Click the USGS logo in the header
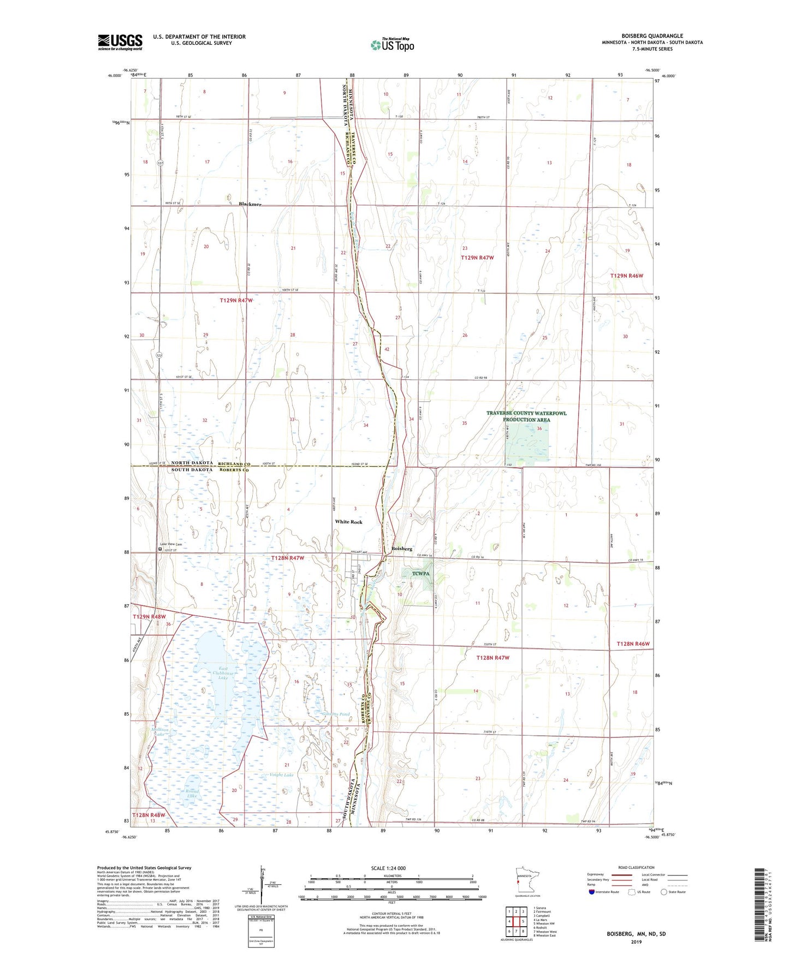pos(120,42)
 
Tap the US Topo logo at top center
pos(392,45)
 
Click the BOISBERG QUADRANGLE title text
pos(652,36)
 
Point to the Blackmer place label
pos(250,204)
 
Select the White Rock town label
pos(348,522)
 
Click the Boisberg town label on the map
pos(402,549)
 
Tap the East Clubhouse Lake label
pos(223,673)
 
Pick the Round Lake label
pos(192,794)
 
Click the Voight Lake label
pos(281,775)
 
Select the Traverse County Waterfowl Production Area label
pos(526,416)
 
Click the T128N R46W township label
pos(633,644)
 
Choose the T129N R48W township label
pos(149,616)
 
